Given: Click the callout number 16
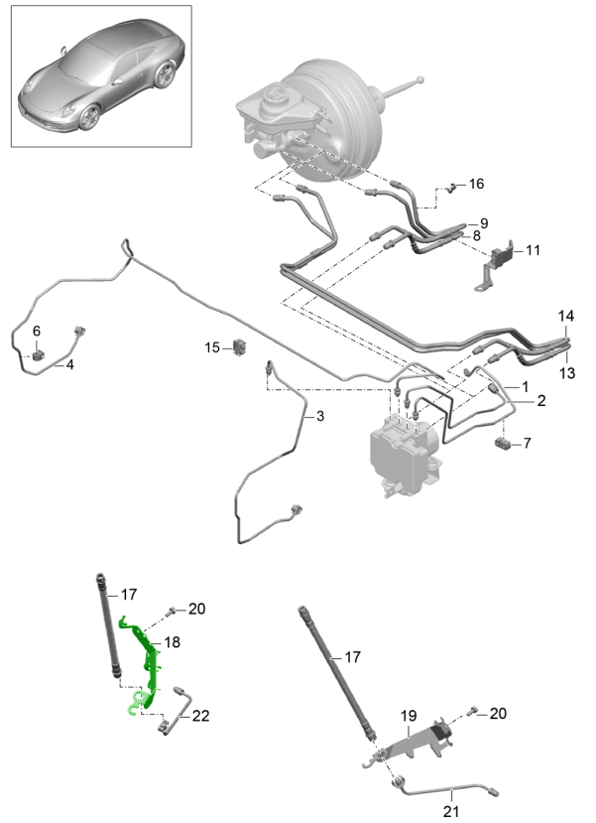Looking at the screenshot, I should pos(477,185).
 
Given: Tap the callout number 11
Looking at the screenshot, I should pos(533,250).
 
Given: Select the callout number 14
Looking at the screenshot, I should pos(565,317).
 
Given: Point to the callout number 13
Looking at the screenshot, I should pos(567,372).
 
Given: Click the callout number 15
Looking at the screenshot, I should pos(212,347).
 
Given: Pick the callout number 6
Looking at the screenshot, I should pos(37,331).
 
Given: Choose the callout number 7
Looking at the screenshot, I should pos(527,443).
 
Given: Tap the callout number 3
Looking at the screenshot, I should pos(320,417).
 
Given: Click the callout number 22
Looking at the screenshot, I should pos(201,716).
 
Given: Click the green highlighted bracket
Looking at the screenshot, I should pos(145,665).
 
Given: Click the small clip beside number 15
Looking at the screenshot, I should pos(239,346).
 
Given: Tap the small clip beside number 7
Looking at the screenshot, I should pos(504,443).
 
